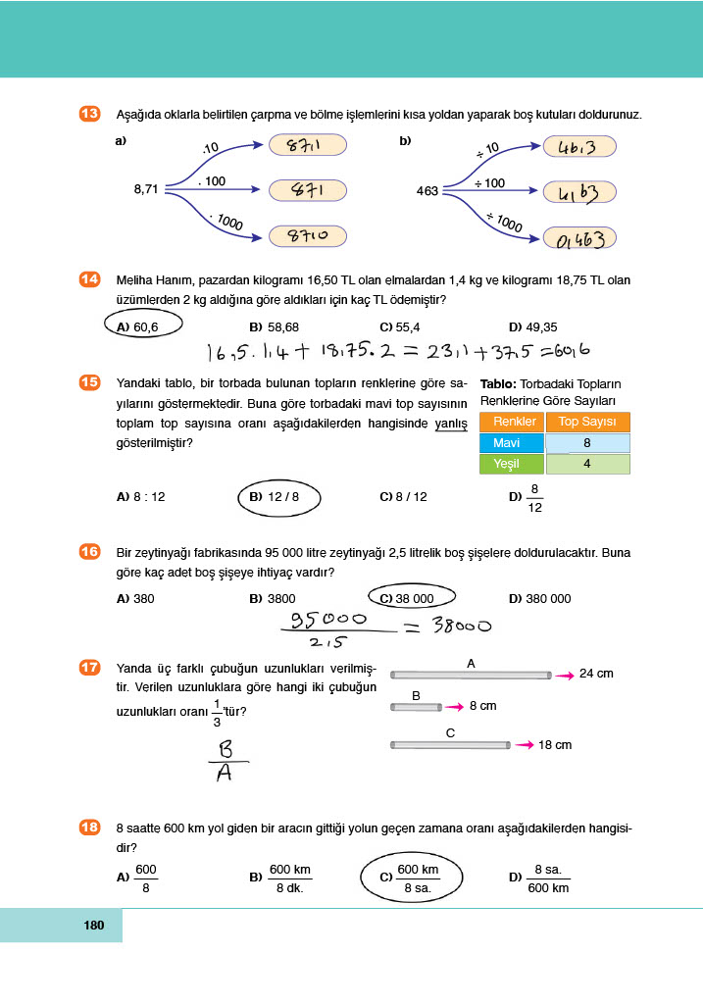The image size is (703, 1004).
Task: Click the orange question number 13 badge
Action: click(x=88, y=115)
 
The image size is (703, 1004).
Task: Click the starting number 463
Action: click(x=427, y=191)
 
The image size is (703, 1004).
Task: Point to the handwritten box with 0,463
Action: click(x=580, y=237)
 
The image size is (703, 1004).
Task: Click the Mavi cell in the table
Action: click(x=508, y=443)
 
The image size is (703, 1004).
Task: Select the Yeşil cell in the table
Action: click(x=508, y=464)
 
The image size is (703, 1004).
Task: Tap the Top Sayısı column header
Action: click(x=586, y=422)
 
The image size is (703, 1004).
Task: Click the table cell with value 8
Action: click(x=586, y=443)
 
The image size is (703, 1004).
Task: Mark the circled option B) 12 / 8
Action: click(x=275, y=497)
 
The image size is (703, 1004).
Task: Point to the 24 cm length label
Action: click(x=596, y=674)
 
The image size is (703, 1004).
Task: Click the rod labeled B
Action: click(x=416, y=706)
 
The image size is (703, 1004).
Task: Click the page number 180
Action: click(x=94, y=925)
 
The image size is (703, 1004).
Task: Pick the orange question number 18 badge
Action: click(x=88, y=828)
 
